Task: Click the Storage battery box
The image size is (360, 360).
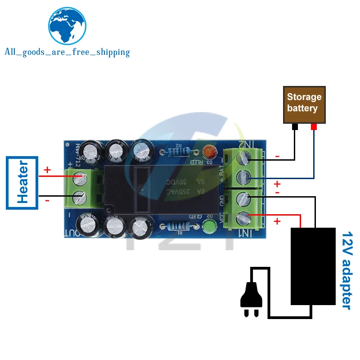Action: [x=304, y=103]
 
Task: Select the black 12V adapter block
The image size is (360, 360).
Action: [x=313, y=266]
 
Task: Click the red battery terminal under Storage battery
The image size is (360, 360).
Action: [x=314, y=127]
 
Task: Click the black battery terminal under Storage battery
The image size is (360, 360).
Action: [x=295, y=127]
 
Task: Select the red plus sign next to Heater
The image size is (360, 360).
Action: [x=47, y=170]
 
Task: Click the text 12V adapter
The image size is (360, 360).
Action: [x=346, y=270]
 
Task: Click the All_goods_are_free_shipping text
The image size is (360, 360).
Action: [x=67, y=52]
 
